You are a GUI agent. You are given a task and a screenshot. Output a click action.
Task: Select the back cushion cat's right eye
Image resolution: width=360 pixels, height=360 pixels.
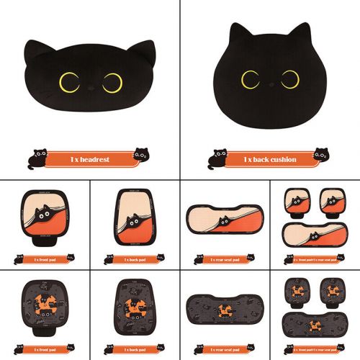tap(290, 78)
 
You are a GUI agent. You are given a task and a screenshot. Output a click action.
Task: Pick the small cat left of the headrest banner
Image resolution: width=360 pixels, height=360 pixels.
tap(32, 158)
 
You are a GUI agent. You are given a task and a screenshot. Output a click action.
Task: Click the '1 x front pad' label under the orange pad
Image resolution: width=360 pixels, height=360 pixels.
tap(45, 258)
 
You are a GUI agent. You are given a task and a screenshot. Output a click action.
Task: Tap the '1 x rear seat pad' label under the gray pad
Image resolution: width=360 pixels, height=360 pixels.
tap(224, 348)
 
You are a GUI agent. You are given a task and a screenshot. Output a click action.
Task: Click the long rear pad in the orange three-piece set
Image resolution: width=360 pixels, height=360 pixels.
tap(314, 235)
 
